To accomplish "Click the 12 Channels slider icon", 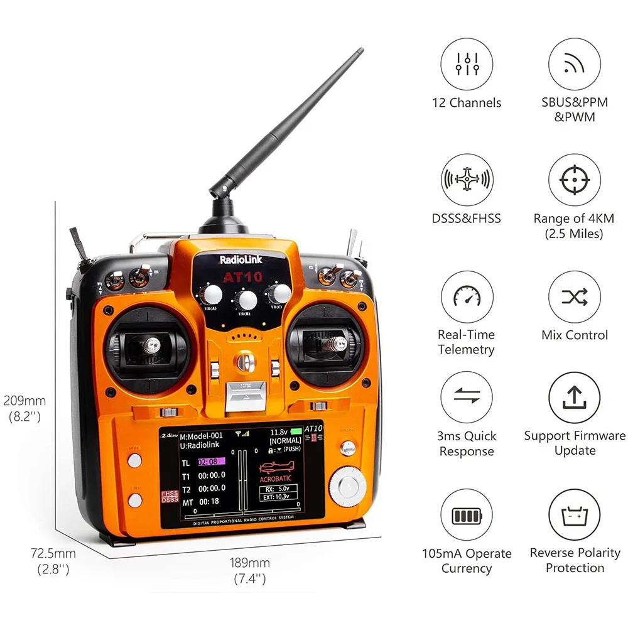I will point(467,64).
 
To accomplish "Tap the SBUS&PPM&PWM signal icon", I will point(574,64).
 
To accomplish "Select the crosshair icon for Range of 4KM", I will point(574,181).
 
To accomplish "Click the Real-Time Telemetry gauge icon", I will point(467,297).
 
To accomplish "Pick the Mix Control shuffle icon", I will point(574,297).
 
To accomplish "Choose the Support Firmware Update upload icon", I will point(574,398).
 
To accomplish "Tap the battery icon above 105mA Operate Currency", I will point(467,516).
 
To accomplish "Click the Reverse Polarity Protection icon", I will point(574,516).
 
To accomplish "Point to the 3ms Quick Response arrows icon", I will point(467,398).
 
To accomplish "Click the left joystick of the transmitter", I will point(150,345).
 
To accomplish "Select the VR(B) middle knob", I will point(247,300).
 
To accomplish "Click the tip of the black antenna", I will point(360,51).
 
